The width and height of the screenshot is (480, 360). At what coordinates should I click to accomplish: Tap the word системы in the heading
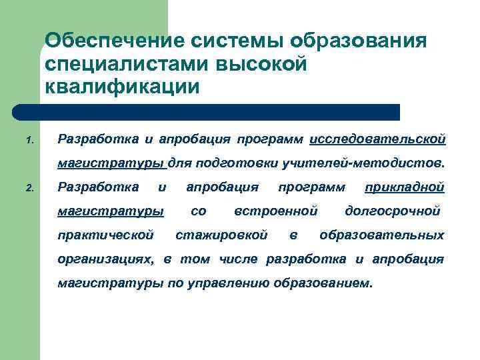tap(230, 41)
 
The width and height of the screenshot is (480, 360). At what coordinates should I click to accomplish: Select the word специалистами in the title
tap(124, 64)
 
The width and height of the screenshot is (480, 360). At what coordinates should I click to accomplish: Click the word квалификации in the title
tap(121, 87)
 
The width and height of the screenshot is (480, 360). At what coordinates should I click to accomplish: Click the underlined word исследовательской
tap(377, 139)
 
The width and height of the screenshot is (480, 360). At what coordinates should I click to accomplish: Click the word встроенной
tap(275, 211)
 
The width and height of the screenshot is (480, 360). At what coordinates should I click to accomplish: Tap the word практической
tap(106, 235)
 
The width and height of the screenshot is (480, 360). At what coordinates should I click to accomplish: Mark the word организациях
tap(106, 259)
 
